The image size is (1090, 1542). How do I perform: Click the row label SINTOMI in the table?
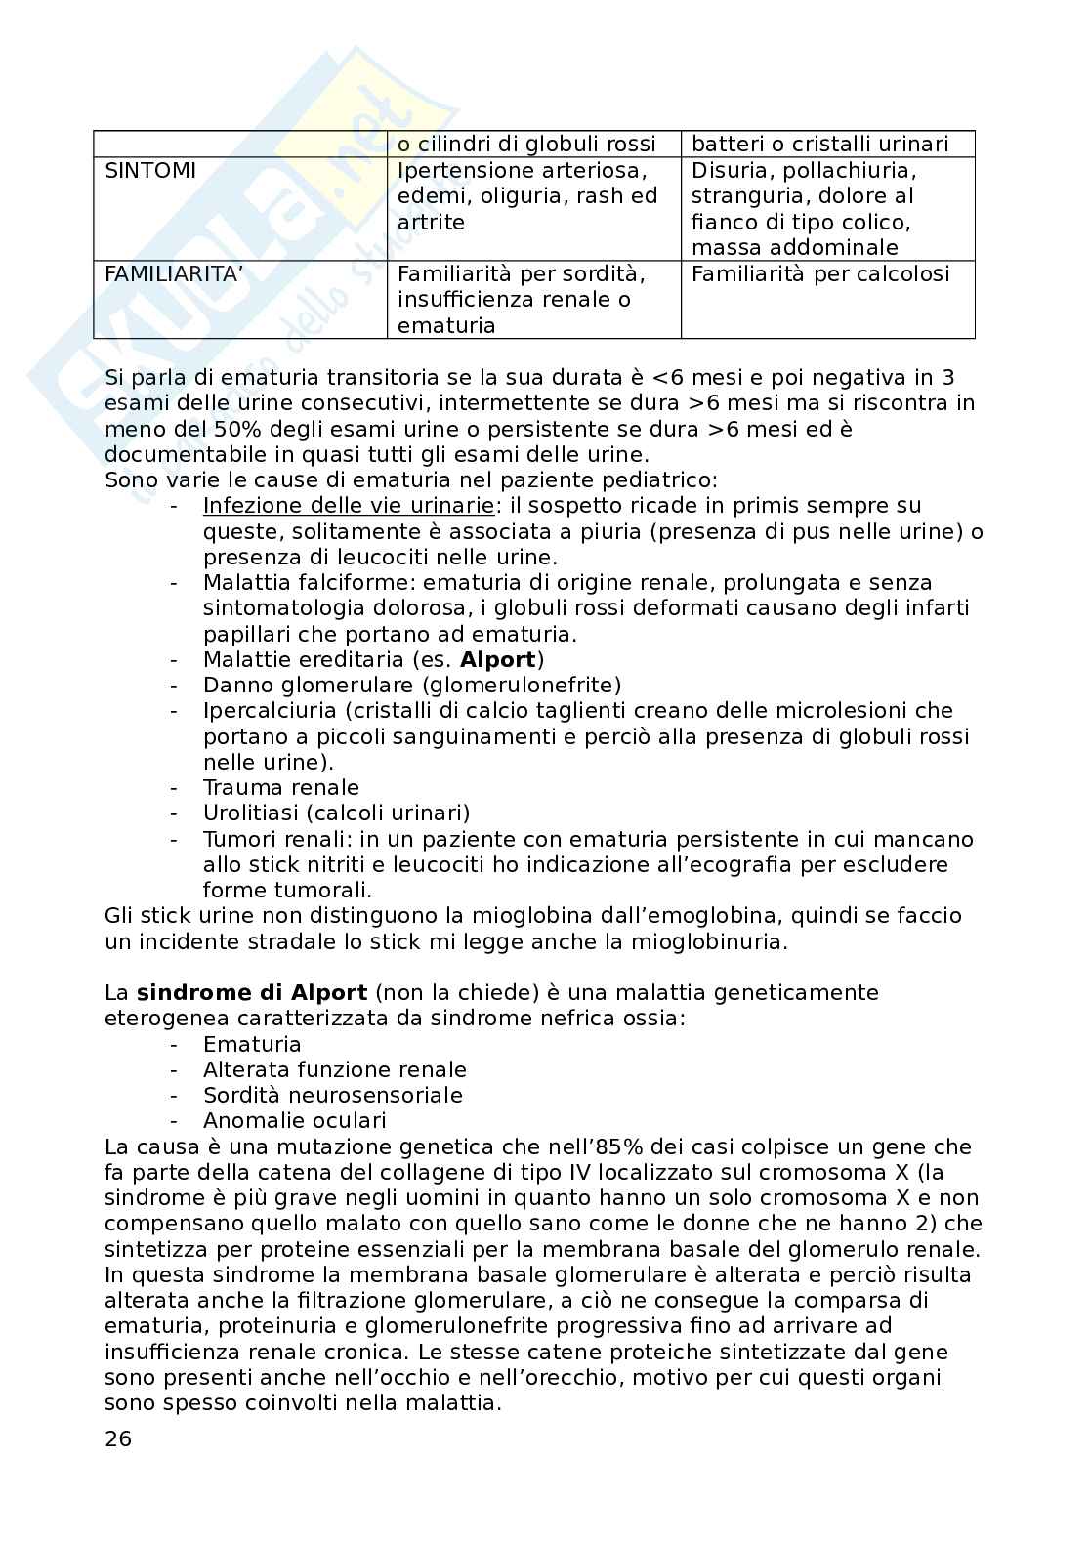tap(150, 171)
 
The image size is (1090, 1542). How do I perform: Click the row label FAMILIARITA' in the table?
tap(172, 274)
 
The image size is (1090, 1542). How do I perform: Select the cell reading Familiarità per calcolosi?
tap(819, 274)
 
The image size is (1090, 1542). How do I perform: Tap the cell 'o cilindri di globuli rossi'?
tap(526, 145)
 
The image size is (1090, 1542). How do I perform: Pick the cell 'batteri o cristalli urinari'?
tap(819, 145)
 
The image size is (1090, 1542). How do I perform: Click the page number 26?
tap(118, 1438)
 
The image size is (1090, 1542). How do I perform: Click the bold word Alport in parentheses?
tap(498, 659)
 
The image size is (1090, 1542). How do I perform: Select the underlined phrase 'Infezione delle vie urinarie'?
tap(348, 506)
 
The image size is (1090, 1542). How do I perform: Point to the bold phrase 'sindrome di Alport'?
tap(252, 993)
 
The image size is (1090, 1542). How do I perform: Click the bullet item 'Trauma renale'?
tap(280, 788)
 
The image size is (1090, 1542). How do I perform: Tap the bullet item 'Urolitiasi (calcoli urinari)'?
tap(336, 813)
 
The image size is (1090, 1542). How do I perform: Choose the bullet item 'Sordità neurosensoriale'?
tap(332, 1096)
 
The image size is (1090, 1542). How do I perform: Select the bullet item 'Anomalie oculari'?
tap(294, 1121)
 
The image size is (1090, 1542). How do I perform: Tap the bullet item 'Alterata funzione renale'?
tap(334, 1070)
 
